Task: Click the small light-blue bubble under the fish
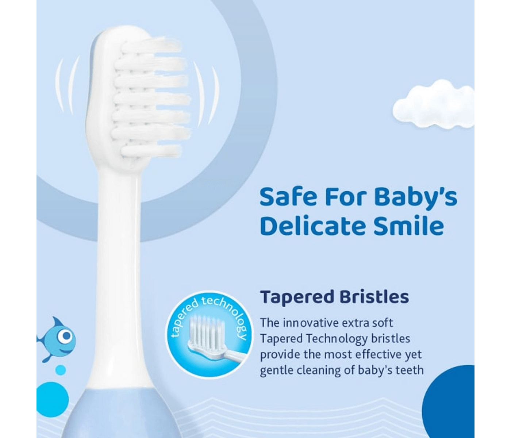[x=61, y=370]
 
